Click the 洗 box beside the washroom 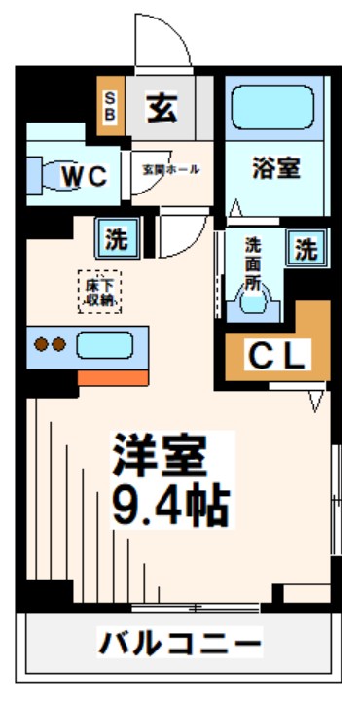pos(306,249)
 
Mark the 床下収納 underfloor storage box pos(98,290)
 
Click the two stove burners pos(50,344)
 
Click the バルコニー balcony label pos(180,643)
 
